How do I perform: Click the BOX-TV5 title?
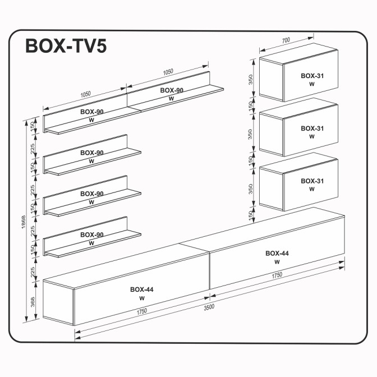(66, 46)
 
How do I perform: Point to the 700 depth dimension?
(286, 40)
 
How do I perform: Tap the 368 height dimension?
(33, 302)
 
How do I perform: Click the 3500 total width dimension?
(208, 307)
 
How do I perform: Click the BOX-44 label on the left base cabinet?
(142, 289)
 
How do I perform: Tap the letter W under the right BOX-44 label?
(277, 262)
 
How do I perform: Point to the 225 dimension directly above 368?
(33, 272)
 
